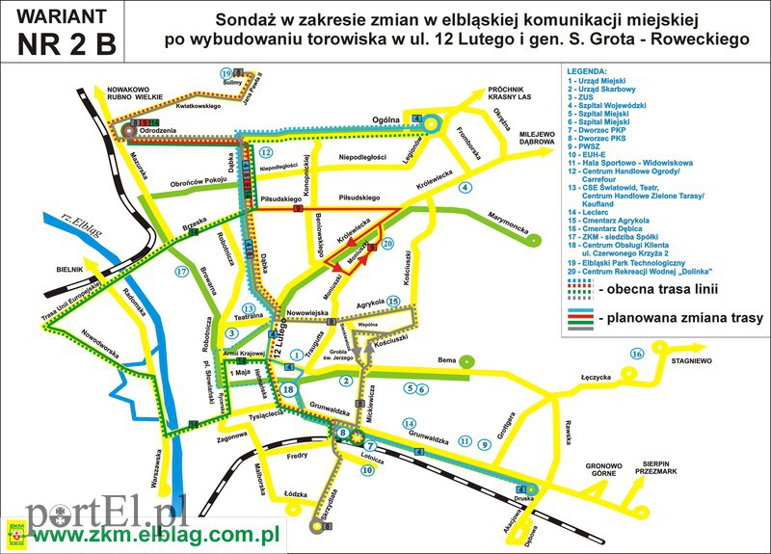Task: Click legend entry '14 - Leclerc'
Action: point(598,210)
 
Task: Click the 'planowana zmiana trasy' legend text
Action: point(680,317)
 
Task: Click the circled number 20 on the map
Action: point(388,244)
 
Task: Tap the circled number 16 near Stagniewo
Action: point(636,354)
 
